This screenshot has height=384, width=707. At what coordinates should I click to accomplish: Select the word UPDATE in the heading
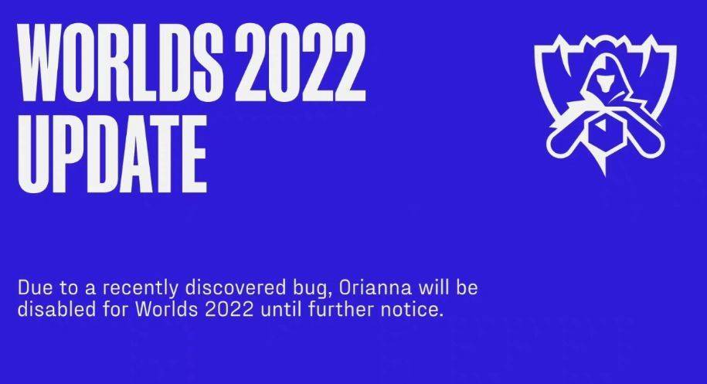tap(112, 154)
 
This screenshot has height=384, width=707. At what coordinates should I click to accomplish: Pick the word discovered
tap(236, 287)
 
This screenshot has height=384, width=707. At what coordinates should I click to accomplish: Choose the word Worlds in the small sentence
tap(166, 309)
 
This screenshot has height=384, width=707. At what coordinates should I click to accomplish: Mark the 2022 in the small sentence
tap(229, 310)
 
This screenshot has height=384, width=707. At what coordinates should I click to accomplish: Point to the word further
tap(341, 309)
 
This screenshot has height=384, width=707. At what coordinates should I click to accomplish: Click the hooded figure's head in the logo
tap(605, 76)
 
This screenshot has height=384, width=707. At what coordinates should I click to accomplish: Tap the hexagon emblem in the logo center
tap(605, 131)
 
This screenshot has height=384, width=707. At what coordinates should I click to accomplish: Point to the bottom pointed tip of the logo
tap(605, 175)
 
